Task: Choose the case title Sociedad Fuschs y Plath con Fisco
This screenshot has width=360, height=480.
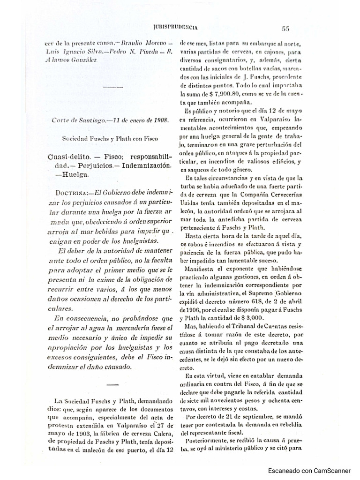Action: tap(111, 139)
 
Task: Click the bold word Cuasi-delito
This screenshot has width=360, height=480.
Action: tap(70, 157)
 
